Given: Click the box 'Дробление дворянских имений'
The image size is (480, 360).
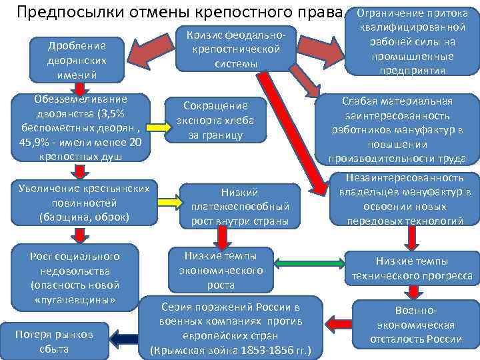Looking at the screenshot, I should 82,60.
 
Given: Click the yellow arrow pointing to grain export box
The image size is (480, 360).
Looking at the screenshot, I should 153,127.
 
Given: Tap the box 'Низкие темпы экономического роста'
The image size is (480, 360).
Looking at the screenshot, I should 221,269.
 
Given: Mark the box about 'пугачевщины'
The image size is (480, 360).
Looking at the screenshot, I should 75,277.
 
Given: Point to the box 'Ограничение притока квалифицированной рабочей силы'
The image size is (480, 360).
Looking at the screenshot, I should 412,41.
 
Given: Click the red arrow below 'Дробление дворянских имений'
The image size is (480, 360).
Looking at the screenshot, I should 79,89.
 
